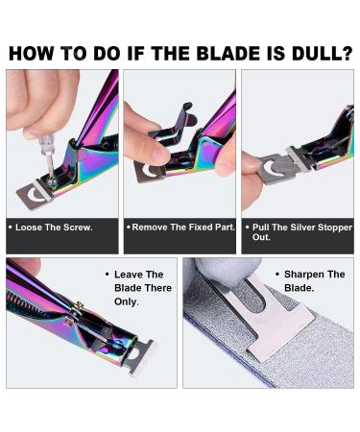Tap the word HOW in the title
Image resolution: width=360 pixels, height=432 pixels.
(36, 52)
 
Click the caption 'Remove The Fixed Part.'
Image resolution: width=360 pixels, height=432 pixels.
(178, 228)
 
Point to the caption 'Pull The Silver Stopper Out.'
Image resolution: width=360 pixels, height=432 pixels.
(297, 234)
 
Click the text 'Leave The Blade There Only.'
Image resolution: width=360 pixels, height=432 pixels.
(138, 288)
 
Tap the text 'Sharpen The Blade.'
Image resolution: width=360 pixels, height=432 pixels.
(313, 281)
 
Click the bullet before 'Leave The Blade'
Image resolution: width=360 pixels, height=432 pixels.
(106, 275)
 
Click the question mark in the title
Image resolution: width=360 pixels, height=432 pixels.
(347, 52)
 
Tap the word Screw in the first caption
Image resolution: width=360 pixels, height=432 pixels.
(76, 228)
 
